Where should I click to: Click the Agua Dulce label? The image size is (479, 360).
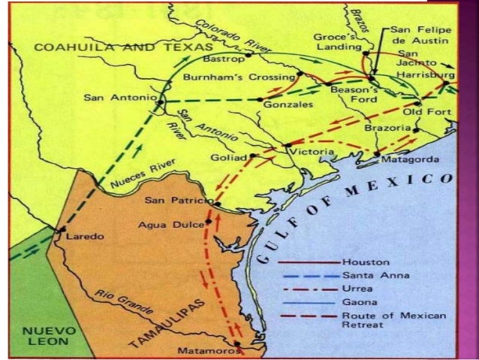point(176,224)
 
